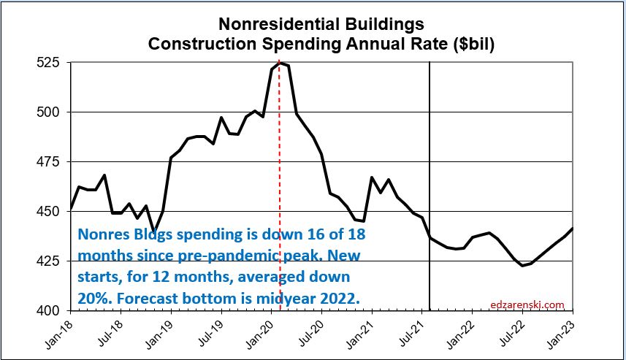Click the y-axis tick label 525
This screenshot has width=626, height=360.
(x=51, y=63)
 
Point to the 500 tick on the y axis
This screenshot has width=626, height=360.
(x=51, y=112)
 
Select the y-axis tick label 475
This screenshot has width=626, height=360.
(x=51, y=162)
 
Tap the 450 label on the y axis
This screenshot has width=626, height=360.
(x=51, y=212)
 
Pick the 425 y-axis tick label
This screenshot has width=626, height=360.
(x=51, y=261)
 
